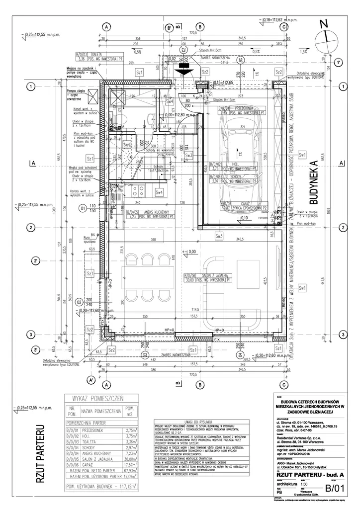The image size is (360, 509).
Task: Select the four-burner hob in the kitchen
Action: tap(140, 190)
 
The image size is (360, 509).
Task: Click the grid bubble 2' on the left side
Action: tap(31, 261)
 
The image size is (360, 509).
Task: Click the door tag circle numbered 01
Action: tap(83, 209)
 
